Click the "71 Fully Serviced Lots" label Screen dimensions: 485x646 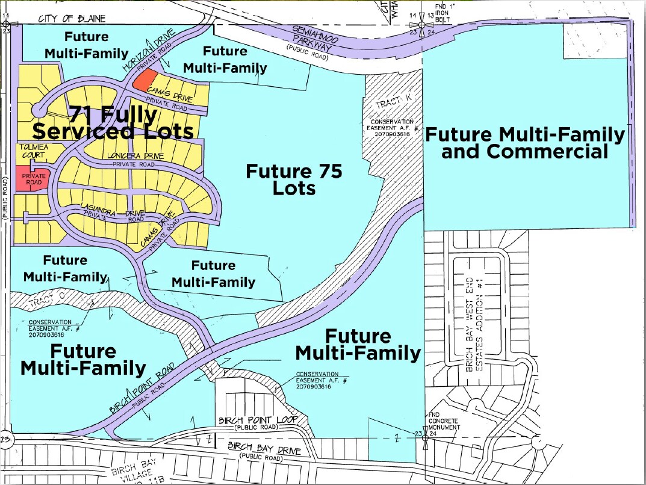pyautogui.click(x=113, y=122)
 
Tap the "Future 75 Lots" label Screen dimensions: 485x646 pyautogui.click(x=294, y=180)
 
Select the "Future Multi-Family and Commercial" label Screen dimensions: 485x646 pyautogui.click(x=525, y=143)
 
